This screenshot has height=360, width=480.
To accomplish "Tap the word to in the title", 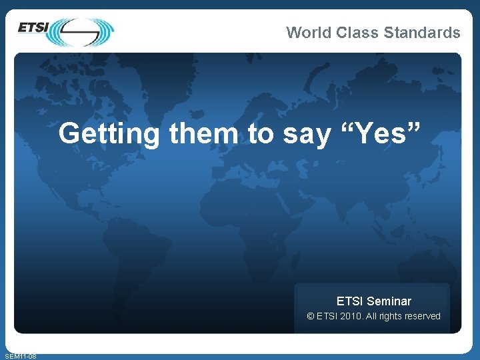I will coord(261,134).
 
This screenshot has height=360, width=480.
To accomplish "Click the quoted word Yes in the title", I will coord(383,134).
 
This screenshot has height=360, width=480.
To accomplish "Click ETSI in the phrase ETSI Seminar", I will coord(350,301).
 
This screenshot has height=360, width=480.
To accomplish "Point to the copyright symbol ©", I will coord(310,316).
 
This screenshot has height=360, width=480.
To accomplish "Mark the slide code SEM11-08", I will coord(20,356).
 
